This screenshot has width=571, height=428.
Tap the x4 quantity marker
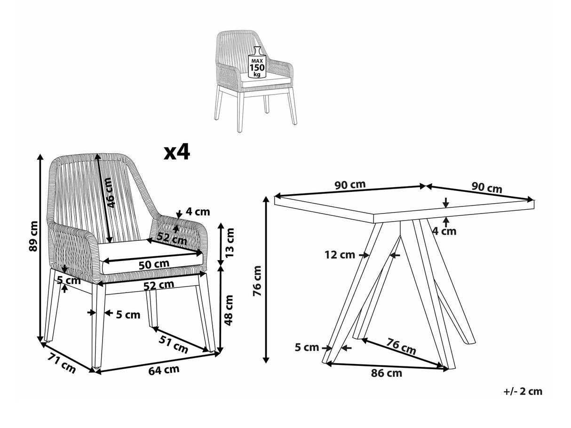click(x=176, y=152)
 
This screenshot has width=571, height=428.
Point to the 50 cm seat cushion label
click(x=152, y=265)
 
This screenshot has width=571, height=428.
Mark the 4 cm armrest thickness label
click(x=198, y=212)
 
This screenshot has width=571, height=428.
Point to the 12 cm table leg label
click(x=340, y=255)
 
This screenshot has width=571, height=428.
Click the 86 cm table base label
click(x=387, y=373)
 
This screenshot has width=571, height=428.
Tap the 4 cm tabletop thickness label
click(x=444, y=231)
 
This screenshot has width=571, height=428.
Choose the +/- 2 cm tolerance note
click(x=522, y=391)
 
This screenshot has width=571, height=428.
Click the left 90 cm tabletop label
click(x=350, y=184)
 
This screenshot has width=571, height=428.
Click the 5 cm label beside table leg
click(x=307, y=348)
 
